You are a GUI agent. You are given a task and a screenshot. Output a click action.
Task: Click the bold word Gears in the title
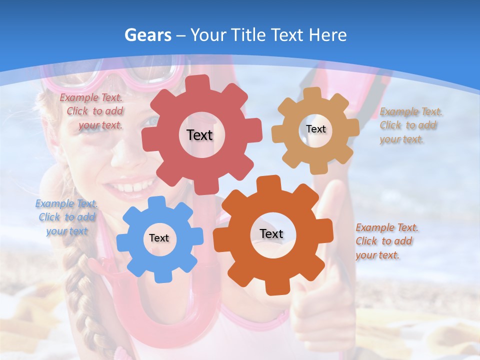coord(147,35)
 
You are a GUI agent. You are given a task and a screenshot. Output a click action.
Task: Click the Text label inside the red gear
coord(199,135)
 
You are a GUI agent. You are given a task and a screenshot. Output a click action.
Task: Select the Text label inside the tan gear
coord(315,129)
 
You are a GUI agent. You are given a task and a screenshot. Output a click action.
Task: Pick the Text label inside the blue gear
coord(159,238)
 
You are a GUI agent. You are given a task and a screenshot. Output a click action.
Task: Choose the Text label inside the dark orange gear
coord(271,234)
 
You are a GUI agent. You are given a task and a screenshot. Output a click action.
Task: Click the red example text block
coord(91,111)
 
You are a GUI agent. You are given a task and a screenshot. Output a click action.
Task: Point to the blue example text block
coord(66,217)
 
